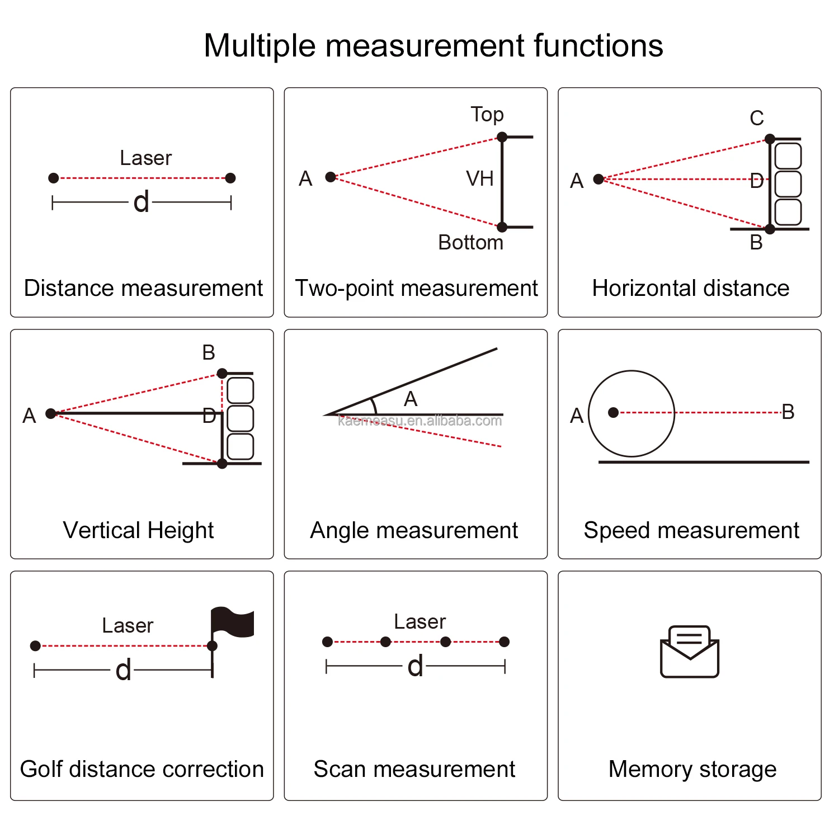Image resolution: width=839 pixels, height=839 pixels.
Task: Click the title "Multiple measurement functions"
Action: (433, 45)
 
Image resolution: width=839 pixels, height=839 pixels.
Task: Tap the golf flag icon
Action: (232, 623)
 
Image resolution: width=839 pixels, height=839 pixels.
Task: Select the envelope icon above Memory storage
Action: (689, 652)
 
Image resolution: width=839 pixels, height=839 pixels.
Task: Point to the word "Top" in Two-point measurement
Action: (487, 115)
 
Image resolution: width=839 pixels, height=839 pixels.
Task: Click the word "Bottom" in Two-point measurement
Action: (470, 243)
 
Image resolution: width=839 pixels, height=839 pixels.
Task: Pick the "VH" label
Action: (480, 179)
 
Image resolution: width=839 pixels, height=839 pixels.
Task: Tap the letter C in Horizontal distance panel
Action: (756, 119)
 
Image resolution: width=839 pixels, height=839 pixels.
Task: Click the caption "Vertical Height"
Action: (138, 530)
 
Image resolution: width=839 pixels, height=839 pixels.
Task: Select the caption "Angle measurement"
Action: (414, 530)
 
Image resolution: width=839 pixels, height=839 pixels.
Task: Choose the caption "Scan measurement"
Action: (414, 769)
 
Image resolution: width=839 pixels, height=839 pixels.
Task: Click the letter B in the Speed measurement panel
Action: (788, 412)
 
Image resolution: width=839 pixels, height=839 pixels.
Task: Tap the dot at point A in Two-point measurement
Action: (331, 177)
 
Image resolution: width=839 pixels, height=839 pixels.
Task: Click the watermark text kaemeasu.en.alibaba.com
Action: (419, 421)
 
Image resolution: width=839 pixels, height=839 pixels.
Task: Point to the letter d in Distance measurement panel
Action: (141, 201)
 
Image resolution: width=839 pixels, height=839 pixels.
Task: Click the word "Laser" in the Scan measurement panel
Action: (419, 622)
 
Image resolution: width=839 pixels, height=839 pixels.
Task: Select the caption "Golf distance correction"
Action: (142, 769)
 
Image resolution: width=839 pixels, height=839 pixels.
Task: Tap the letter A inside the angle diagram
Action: (411, 399)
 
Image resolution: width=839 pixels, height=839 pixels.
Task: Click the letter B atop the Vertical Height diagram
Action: (209, 353)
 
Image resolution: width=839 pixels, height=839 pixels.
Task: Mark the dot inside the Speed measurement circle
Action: (613, 412)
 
